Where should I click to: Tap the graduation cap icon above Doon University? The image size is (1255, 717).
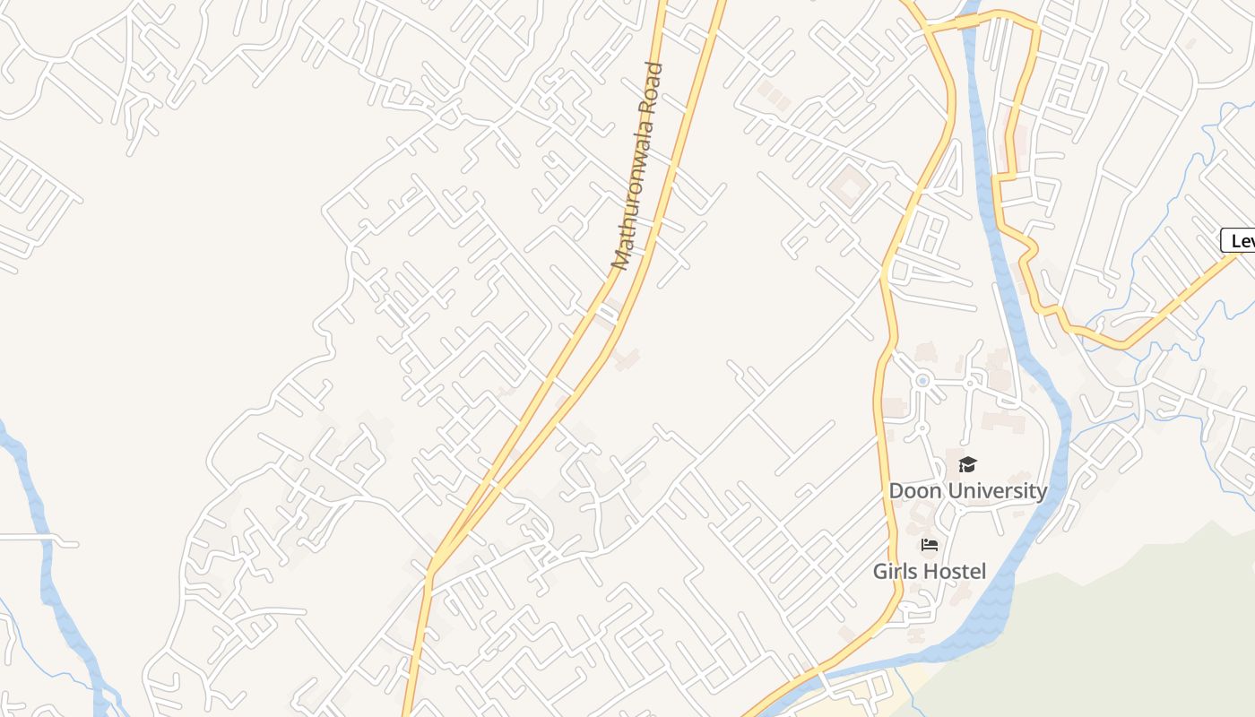coord(966,464)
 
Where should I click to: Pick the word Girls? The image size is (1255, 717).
coord(899,572)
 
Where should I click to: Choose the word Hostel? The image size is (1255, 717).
coord(957,572)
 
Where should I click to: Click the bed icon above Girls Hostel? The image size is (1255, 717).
coord(930,545)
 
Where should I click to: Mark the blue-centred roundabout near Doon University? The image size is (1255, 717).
coord(922,381)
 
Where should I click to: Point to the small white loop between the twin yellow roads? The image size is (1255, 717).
coord(609,311)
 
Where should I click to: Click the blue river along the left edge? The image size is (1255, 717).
coord(40,538)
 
